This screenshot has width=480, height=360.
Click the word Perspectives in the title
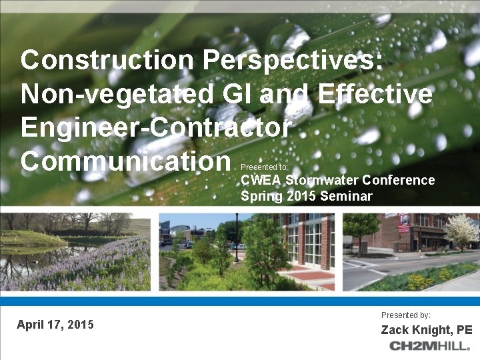pyautogui.click(x=293, y=61)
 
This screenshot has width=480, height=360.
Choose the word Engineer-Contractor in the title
pyautogui.click(x=156, y=127)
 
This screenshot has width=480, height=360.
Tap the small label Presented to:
pyautogui.click(x=264, y=167)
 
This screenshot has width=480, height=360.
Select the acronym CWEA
pyautogui.click(x=261, y=180)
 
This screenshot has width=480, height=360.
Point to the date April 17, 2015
pyautogui.click(x=55, y=325)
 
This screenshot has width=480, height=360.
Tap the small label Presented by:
pyautogui.click(x=406, y=314)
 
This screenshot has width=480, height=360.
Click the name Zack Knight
pyautogui.click(x=413, y=330)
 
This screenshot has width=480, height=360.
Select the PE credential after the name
pyautogui.click(x=465, y=330)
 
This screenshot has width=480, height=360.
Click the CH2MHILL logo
pyautogui.click(x=430, y=346)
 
